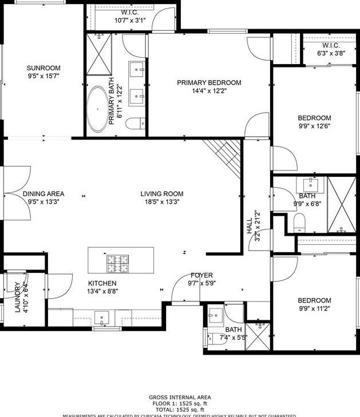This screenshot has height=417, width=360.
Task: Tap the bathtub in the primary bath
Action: coord(98,109)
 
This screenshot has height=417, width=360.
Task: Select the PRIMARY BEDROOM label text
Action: coord(209,82)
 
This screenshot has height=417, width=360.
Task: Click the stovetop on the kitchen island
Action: coord(117,263)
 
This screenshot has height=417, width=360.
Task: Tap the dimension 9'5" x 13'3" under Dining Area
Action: coord(43,202)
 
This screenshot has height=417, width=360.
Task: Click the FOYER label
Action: coord(201,276)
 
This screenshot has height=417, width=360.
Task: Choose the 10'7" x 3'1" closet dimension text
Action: coord(130,20)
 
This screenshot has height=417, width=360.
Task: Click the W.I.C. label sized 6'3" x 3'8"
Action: coord(331,45)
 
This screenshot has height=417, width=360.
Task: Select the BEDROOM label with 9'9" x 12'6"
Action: coord(314,118)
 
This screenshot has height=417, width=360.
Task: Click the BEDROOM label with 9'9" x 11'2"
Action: coord(314,300)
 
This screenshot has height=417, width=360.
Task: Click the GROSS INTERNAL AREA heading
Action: coord(180,398)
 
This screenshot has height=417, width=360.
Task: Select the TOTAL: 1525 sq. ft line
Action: coord(180,410)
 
